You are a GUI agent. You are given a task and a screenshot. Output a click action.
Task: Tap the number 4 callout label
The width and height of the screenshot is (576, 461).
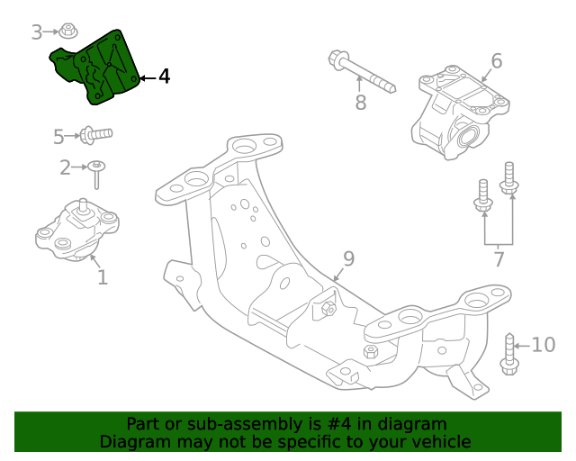tap(163, 77)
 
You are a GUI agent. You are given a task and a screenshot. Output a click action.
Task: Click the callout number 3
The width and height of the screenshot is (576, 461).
tap(37, 32)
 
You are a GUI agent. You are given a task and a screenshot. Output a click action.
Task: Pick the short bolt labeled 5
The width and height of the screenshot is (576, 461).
tap(95, 135)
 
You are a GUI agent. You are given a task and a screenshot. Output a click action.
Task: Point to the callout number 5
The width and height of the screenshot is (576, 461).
tap(58, 137)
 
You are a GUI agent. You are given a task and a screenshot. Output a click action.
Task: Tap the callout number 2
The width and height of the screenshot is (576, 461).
tap(65, 167)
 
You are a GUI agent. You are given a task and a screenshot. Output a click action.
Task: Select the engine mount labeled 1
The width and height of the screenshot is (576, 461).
tap(77, 231)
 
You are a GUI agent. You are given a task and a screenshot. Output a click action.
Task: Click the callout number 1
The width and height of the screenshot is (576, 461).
tap(102, 277)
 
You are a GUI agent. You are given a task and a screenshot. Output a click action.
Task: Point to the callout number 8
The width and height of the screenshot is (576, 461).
tap(360, 103)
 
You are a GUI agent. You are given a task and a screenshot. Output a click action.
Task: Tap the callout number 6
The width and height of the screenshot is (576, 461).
tap(496, 61)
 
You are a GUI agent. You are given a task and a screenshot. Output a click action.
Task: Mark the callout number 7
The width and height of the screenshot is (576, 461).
tap(498, 261)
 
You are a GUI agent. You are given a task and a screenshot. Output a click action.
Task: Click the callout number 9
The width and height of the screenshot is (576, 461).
tap(348, 259)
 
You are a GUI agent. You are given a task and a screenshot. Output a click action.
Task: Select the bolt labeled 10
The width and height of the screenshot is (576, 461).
tap(509, 355)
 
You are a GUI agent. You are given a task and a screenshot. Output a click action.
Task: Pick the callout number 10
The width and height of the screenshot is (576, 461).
tap(544, 344)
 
